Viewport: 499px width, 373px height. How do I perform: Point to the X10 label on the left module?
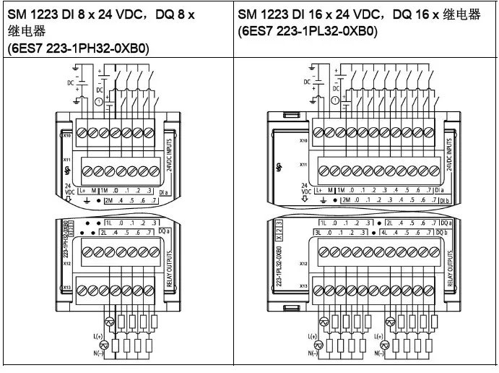click(66, 134)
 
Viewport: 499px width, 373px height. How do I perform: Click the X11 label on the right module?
click(303, 165)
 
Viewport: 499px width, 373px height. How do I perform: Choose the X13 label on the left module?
click(66, 287)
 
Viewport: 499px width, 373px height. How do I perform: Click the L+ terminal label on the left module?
click(82, 189)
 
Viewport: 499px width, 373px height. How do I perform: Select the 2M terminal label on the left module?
click(109, 199)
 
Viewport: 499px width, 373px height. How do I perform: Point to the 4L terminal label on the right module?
click(384, 232)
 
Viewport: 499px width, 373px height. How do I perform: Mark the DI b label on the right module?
click(446, 199)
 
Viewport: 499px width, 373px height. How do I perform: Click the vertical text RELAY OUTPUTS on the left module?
click(170, 269)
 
